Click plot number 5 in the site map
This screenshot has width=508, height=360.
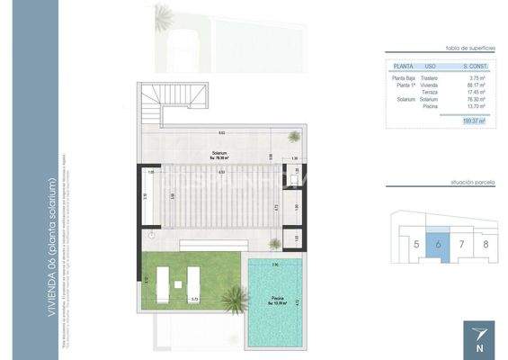(416, 244)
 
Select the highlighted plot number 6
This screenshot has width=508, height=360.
(438, 244)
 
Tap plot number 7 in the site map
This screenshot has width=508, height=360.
(461, 244)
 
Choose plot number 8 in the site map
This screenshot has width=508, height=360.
(485, 244)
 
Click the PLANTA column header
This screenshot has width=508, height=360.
(403, 67)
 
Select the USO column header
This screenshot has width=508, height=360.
(431, 67)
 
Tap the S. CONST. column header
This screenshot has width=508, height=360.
(474, 67)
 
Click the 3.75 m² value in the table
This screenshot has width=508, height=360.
(477, 78)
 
